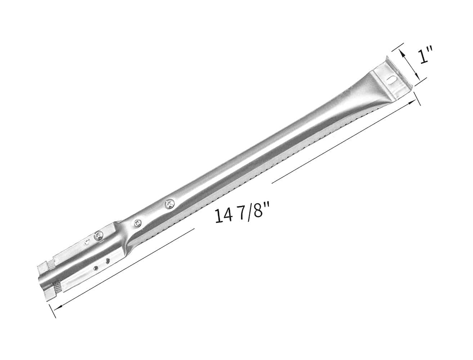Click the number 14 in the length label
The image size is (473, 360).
pos(224,215)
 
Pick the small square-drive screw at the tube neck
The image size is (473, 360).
pos(137,223)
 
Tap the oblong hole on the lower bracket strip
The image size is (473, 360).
pos(107,261)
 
